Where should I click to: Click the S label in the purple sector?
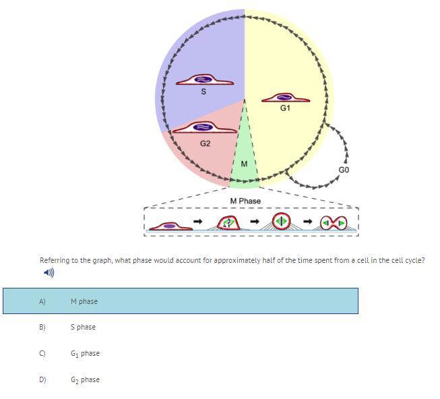coord(203,92)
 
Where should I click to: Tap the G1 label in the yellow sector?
coord(285,108)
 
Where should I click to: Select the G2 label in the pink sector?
coord(205,144)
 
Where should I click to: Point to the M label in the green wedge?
coord(244,164)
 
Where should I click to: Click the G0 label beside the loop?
coord(344,170)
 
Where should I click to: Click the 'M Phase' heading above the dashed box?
coord(245,201)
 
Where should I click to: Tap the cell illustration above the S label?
coord(205,80)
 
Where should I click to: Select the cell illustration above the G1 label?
coord(286,98)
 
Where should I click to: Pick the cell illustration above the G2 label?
coord(205,127)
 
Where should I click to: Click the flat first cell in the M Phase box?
coord(171,226)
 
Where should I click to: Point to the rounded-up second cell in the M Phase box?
coord(228,223)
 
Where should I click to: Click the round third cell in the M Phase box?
coord(281,221)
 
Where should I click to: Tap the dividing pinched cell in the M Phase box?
coord(334,223)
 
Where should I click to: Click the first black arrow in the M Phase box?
coord(198,221)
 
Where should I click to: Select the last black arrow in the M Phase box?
coord(308,221)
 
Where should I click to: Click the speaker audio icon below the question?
coord(49,272)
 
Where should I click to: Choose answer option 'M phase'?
coord(84,301)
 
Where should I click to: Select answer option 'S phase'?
coord(83,327)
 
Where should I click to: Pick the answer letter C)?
coord(42,353)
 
